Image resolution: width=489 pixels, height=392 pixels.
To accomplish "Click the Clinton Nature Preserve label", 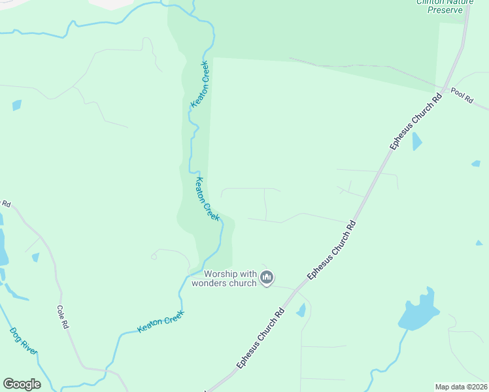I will (x=445, y=5).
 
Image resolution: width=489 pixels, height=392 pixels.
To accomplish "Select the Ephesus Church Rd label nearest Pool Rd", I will (x=416, y=122).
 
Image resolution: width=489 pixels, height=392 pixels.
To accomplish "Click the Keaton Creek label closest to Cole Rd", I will (x=161, y=321).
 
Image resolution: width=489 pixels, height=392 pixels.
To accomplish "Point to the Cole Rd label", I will (x=63, y=316).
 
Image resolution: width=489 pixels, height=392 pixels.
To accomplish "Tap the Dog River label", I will (x=24, y=341).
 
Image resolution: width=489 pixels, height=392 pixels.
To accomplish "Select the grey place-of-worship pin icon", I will (x=267, y=278).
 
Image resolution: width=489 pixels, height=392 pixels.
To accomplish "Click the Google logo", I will (x=22, y=384).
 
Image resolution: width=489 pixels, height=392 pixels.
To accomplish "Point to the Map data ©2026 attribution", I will (x=460, y=387).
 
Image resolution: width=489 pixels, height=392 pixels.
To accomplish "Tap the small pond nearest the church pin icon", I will (x=301, y=310).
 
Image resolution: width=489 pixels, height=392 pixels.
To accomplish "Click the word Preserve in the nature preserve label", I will (x=445, y=10).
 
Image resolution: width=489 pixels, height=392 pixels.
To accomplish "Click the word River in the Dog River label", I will (x=29, y=348).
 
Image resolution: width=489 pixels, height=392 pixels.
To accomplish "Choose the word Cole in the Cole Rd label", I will (x=61, y=313).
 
